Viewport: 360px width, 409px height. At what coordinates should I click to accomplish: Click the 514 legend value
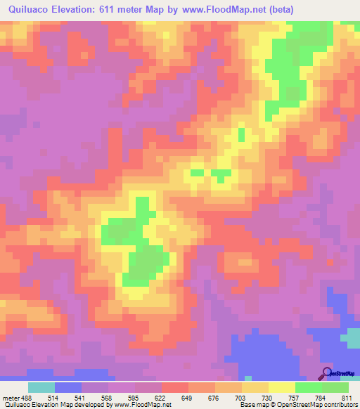(x=53, y=397)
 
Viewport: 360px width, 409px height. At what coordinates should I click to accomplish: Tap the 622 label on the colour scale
(x=160, y=397)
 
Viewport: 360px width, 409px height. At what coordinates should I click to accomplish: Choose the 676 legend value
(x=213, y=397)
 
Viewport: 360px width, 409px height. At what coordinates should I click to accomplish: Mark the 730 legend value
(x=266, y=397)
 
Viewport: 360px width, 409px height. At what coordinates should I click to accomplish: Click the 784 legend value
(x=320, y=397)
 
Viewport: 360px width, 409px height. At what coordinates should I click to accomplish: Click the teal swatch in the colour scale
(x=41, y=387)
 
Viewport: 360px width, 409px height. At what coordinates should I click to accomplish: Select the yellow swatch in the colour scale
(x=282, y=387)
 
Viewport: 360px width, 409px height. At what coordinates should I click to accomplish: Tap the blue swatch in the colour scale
(x=68, y=387)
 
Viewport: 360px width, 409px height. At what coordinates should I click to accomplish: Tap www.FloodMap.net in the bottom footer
(x=143, y=405)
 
